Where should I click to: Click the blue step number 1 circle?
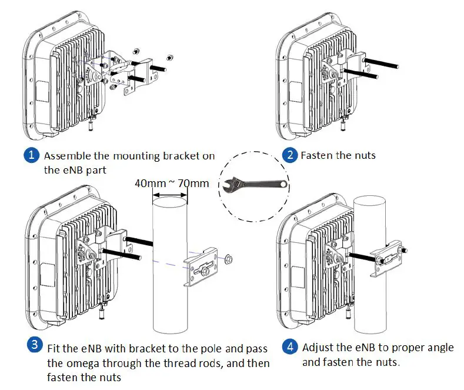(31, 156)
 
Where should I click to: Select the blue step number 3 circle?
(35, 345)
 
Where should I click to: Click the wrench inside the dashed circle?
(252, 186)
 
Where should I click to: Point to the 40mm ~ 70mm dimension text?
(172, 183)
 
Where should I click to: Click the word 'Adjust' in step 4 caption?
(319, 347)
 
